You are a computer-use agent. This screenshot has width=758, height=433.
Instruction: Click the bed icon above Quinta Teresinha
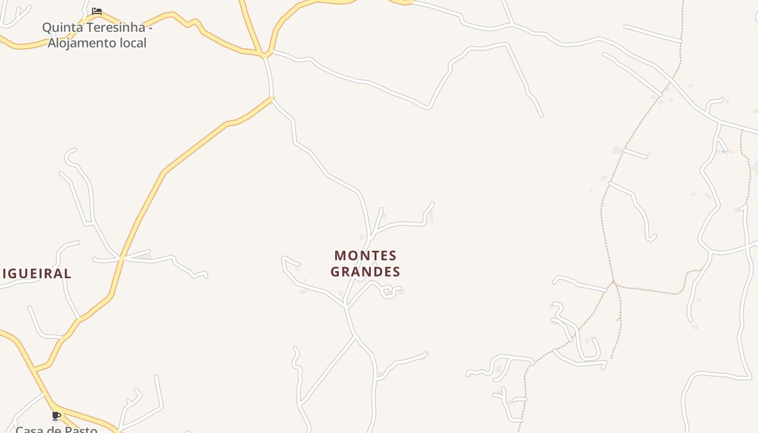point(97,11)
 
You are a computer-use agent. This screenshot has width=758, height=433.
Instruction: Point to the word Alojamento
point(81,43)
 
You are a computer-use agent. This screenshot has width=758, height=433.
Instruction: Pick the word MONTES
point(365,255)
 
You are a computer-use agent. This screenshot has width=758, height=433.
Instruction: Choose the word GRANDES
point(365,272)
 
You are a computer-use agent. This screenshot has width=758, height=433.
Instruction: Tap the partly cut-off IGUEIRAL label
point(36,274)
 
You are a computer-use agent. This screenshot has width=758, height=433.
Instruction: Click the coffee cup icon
point(56,416)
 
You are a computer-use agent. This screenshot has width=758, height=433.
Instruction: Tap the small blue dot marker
point(723,152)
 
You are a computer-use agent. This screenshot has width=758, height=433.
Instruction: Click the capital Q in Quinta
point(47,28)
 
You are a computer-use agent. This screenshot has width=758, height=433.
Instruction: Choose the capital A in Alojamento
point(52,43)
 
